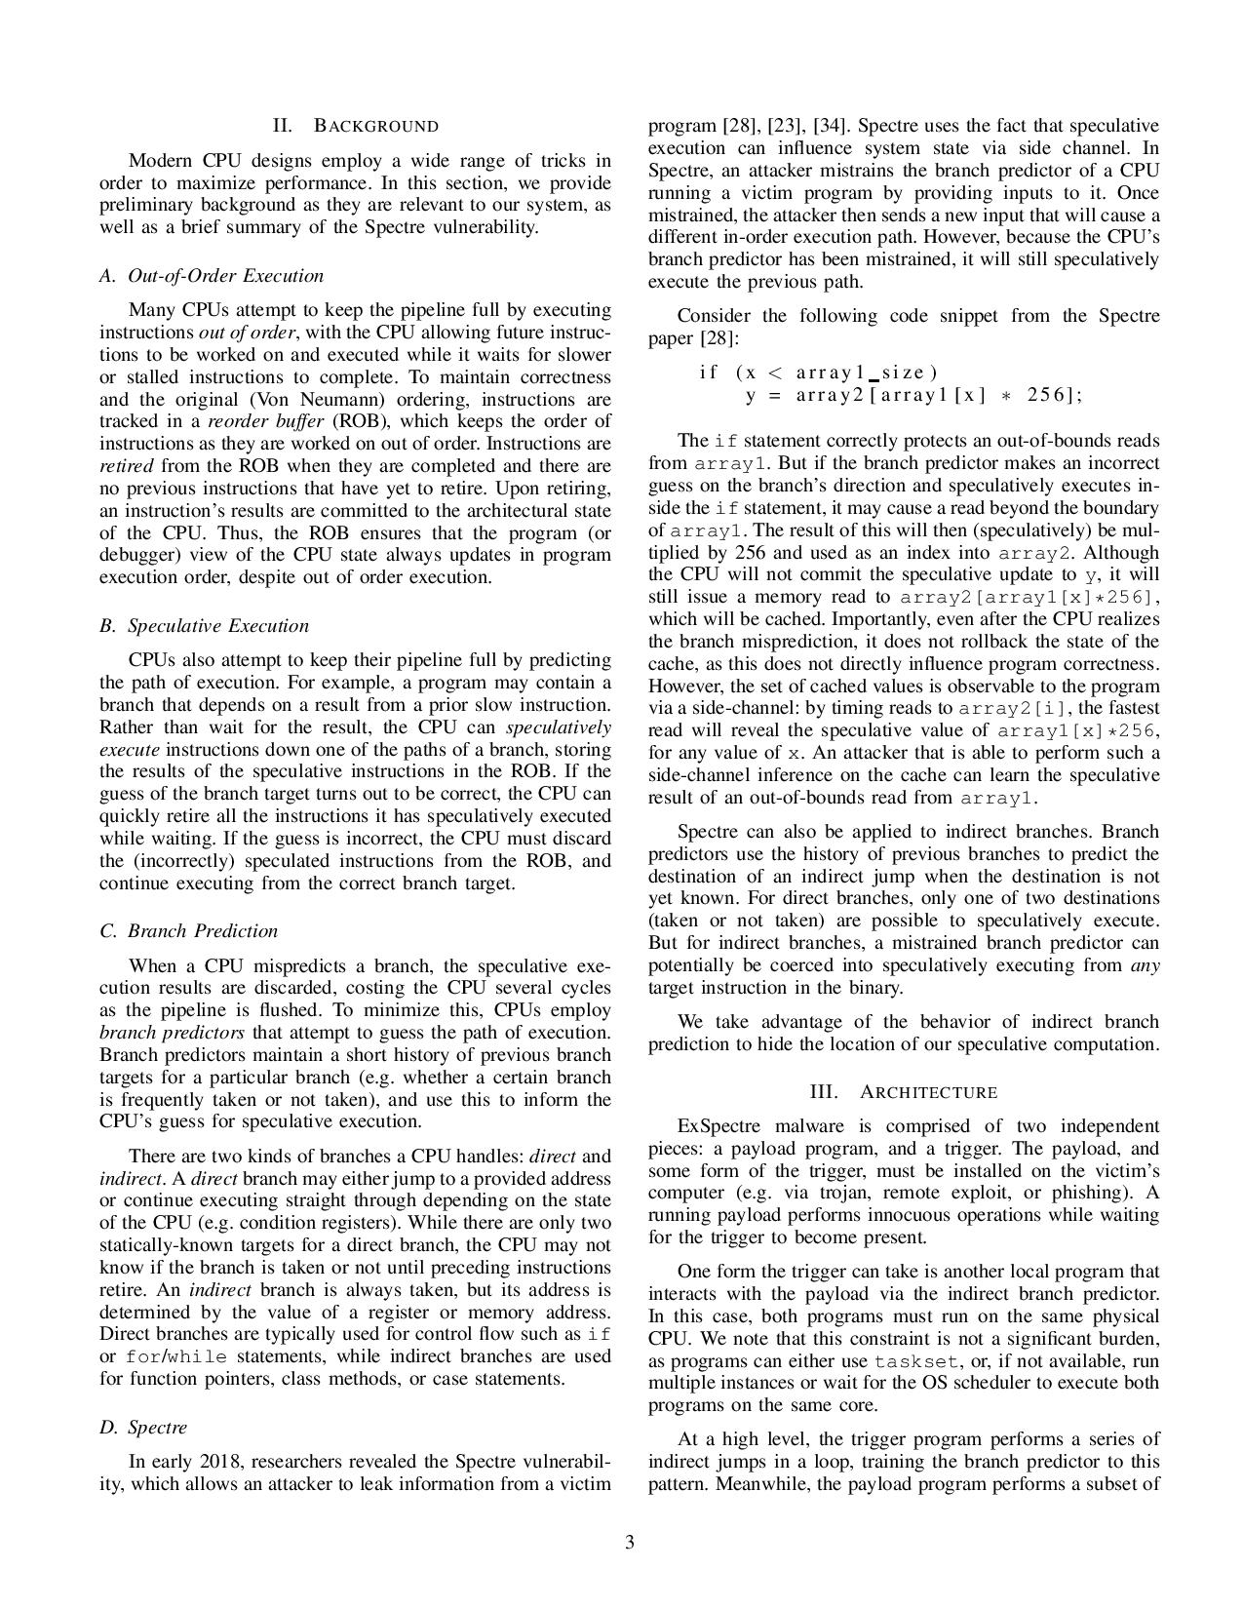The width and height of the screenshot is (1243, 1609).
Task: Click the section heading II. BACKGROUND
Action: point(356,126)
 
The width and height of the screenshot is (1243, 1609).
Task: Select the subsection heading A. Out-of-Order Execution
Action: point(212,276)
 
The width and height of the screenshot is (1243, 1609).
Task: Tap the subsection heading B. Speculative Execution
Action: point(204,626)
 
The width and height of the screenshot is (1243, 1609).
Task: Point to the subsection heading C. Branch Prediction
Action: point(188,931)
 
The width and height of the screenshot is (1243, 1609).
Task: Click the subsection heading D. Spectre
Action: point(143,1428)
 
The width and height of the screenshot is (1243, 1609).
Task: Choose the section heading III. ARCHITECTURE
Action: point(904,1092)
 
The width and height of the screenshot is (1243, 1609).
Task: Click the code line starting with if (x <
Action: point(818,373)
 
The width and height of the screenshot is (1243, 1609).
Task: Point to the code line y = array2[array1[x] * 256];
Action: point(913,395)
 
